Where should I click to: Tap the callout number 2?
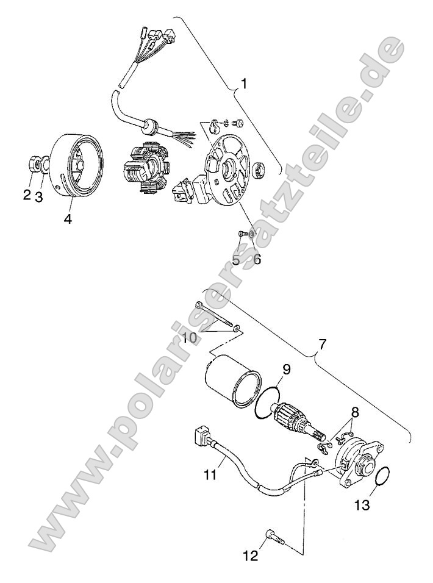(27, 195)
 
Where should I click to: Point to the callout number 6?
(257, 259)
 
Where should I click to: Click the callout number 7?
(323, 345)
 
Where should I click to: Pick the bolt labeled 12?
(274, 537)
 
